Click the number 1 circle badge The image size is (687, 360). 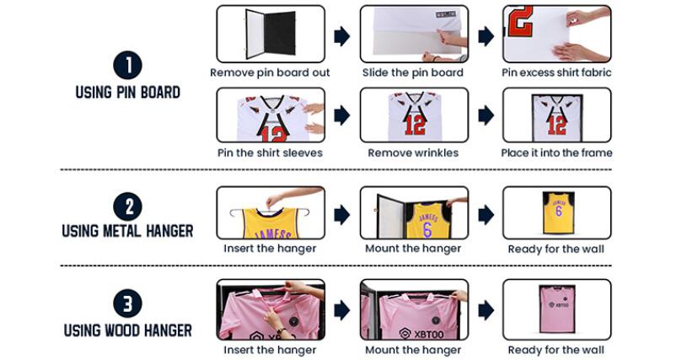coord(127,66)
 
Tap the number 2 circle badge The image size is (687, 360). coord(127,207)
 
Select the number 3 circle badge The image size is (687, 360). coord(127,303)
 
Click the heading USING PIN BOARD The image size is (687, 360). coord(127,93)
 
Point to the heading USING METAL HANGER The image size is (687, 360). coord(127,231)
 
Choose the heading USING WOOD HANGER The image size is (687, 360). coord(127,330)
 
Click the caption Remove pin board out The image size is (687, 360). coord(270,73)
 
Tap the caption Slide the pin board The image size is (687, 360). coord(413,73)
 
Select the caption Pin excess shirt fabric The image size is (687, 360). coord(556,73)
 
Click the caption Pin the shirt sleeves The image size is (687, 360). coord(270,153)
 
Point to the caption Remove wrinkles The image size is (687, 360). coord(413,153)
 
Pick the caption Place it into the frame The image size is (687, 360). coord(557,153)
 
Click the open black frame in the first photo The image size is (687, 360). coord(247,35)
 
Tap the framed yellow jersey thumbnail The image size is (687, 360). coord(558,212)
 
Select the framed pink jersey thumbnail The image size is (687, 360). coord(556,309)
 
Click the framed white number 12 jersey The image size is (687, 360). coord(557,117)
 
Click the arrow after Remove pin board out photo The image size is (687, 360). coord(341,36)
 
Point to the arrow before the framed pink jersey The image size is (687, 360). coord(486,310)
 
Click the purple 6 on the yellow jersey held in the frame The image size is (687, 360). coord(427,229)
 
